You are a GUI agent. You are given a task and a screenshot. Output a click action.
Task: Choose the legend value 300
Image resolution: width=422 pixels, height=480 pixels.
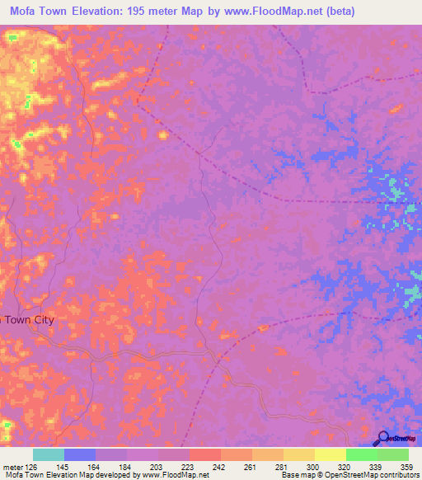point(312,467)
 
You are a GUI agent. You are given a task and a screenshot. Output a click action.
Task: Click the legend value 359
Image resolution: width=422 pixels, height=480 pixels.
point(406,467)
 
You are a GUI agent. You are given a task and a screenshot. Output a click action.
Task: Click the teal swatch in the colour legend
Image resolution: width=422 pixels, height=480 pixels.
point(49,454)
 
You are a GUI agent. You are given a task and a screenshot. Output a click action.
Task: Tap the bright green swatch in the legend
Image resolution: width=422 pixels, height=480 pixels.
point(361,454)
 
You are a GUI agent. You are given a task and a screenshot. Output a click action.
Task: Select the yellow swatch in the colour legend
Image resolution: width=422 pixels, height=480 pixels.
point(330,454)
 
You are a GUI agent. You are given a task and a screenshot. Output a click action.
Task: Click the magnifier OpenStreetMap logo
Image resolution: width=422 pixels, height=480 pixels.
point(382,439)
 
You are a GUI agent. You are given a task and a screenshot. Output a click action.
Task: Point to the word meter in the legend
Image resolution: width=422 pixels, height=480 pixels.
point(11,467)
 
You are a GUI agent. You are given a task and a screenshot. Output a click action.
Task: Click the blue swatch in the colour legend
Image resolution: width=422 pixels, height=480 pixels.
point(80,454)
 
